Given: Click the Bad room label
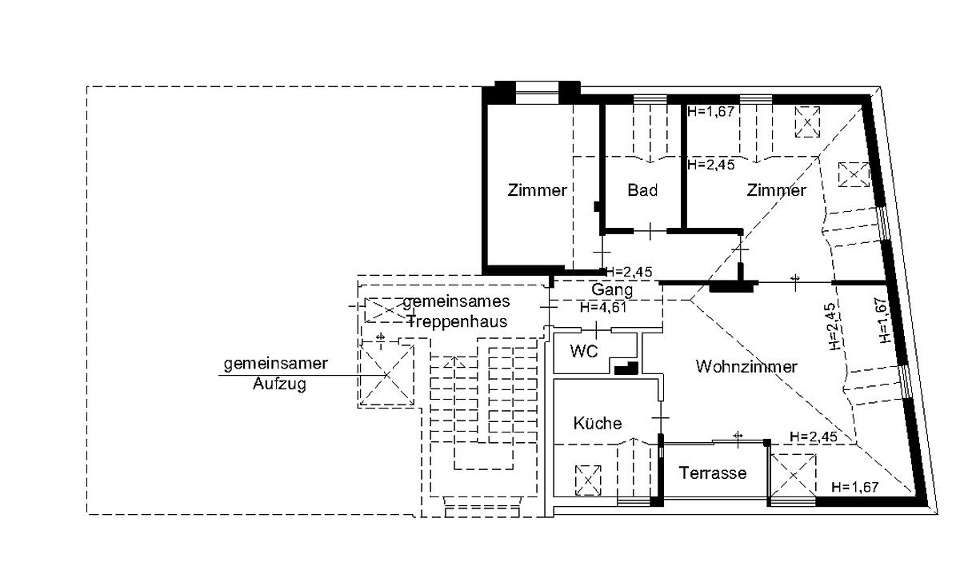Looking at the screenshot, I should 642,191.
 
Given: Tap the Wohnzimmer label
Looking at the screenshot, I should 746,367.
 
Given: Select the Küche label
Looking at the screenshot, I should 597,424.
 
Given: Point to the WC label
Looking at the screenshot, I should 584,352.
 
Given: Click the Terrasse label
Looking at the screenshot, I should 713,473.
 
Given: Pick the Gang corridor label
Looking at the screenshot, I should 613,289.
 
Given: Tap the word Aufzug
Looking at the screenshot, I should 279,383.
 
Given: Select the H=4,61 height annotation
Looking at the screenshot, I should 602,307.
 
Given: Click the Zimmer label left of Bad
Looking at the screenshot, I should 537,191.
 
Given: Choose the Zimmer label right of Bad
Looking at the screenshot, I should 776,191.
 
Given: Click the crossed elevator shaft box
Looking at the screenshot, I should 387,374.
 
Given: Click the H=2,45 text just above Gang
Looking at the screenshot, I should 629,272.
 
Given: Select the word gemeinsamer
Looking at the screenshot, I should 275,364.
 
